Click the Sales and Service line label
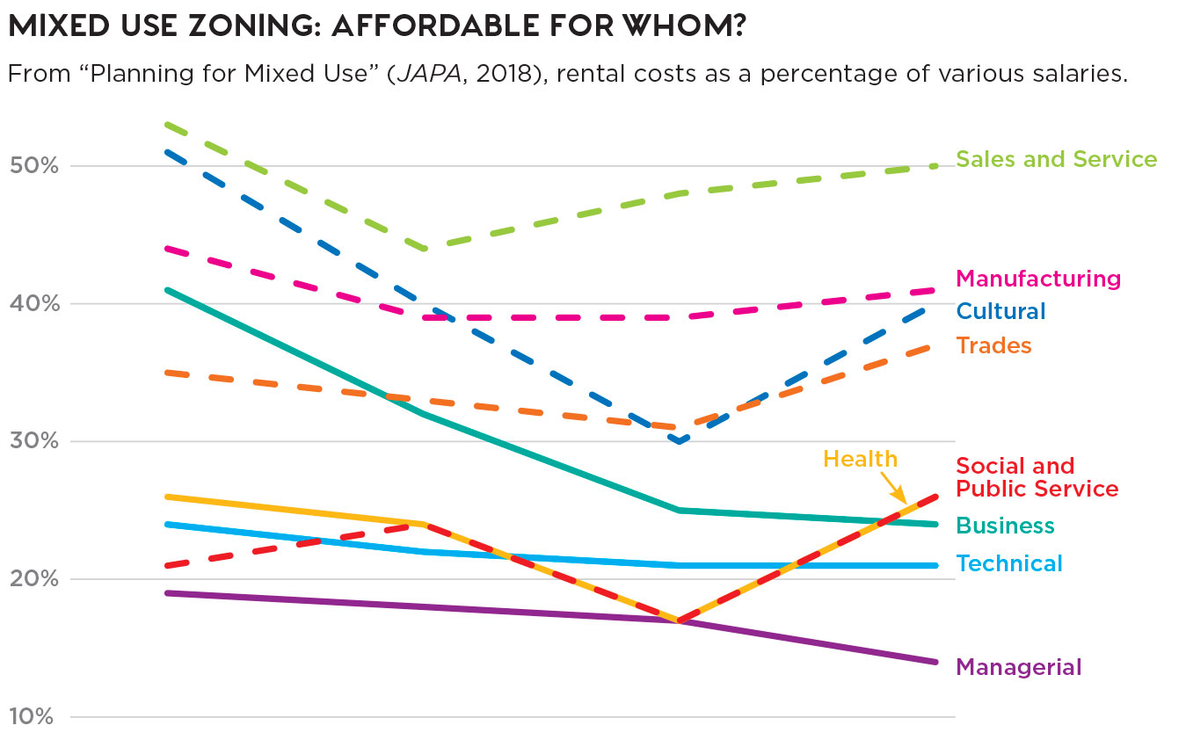point(1056,159)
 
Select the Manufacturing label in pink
point(1038,279)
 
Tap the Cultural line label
point(1000,311)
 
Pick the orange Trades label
point(993,345)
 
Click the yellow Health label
point(860,459)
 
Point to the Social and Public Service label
point(1037,477)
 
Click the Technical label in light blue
point(1008,563)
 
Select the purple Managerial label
point(1018,667)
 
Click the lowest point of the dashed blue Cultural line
point(679,441)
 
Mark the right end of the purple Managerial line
point(935,662)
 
